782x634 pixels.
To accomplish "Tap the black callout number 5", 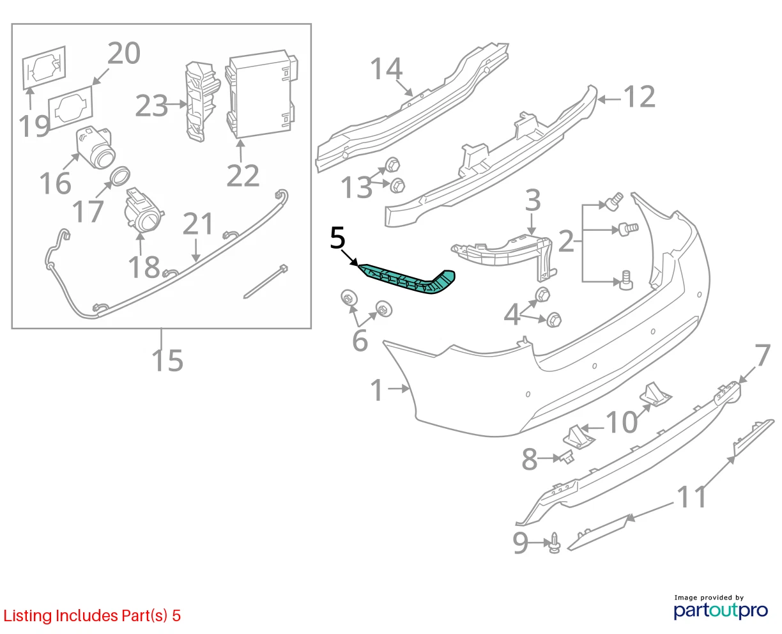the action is coord(337,238).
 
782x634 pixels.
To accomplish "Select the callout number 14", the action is coord(386,68).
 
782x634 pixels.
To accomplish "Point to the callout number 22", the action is coord(243,176).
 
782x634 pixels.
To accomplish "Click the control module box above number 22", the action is coord(261,95).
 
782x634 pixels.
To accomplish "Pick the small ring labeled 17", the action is coord(119,176).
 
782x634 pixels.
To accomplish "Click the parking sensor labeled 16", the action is coord(95,148).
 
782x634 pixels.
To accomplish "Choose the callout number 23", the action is coord(151,106).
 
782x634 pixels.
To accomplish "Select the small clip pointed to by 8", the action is coord(567,458).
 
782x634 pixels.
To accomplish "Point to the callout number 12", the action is coord(639,97).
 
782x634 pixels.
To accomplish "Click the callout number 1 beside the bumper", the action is coord(377,390).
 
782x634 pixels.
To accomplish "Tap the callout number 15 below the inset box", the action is coord(167,360).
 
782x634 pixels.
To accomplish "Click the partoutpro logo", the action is coord(720,608).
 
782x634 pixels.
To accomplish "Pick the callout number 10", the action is coord(622,422).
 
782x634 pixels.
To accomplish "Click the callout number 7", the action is coord(762,355).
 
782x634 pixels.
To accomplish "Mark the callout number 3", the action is coord(533,200).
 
